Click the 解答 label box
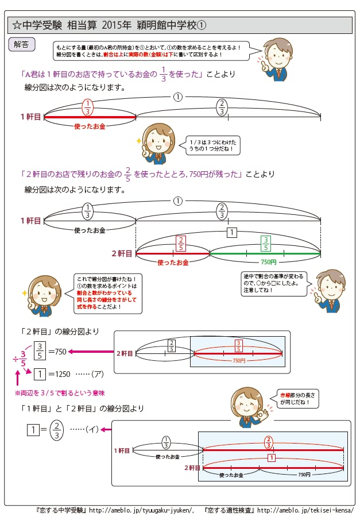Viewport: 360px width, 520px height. click(x=22, y=43)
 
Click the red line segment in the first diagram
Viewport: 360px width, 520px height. click(x=90, y=117)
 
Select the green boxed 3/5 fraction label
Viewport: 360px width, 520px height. click(x=265, y=243)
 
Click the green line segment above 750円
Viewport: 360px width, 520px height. click(x=265, y=253)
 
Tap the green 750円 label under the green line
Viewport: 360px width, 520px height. click(x=265, y=262)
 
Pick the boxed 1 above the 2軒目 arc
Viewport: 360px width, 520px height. click(x=231, y=232)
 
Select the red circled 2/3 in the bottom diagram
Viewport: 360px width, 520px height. click(x=269, y=442)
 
